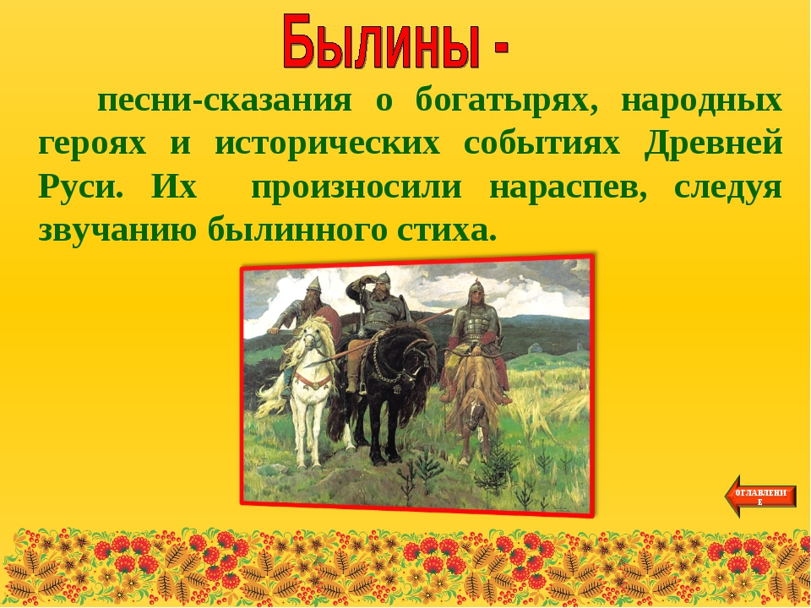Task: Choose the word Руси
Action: pos(81,187)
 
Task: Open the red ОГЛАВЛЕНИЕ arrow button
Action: pos(760,497)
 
